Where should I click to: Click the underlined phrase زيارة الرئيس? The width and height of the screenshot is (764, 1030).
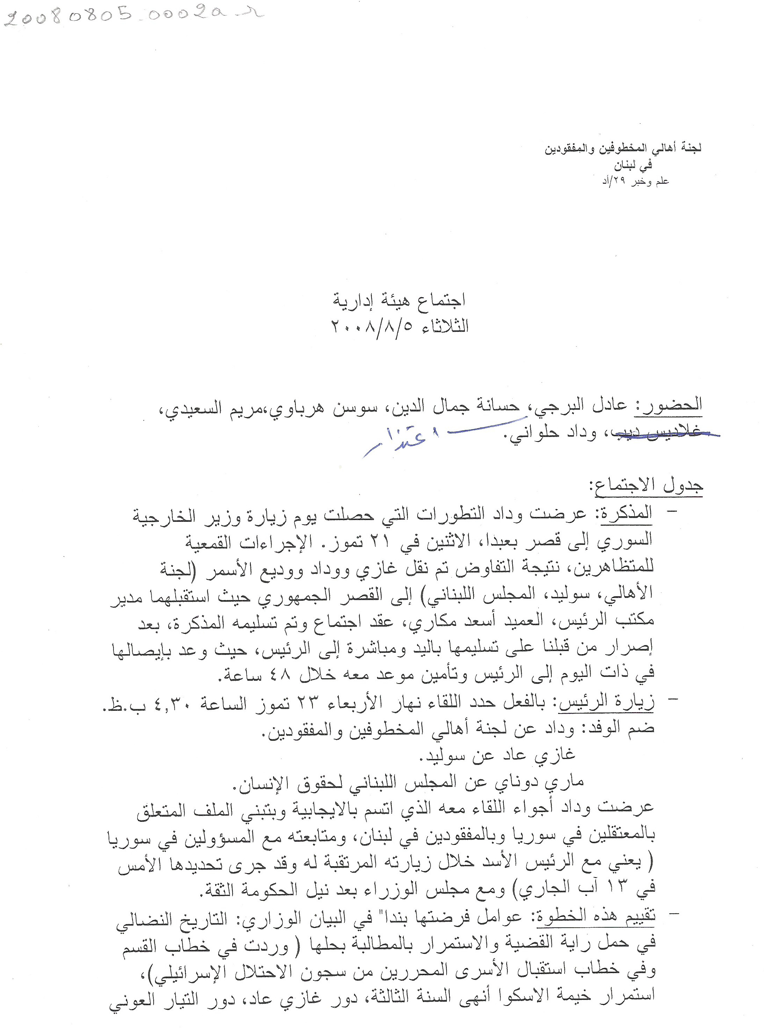pyautogui.click(x=607, y=703)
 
